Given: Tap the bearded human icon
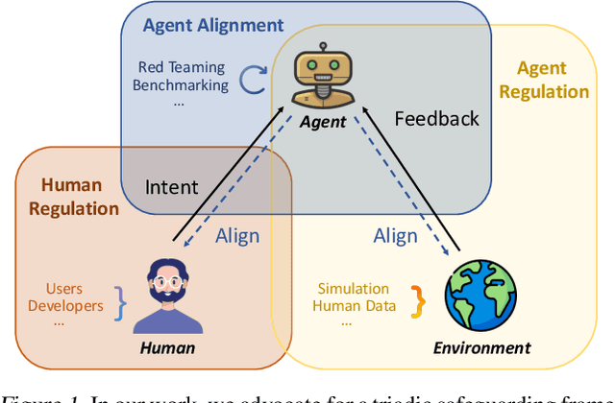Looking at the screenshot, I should pos(167,295).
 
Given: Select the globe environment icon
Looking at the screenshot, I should pos(481,295).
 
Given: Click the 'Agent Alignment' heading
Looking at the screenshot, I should pos(213,26).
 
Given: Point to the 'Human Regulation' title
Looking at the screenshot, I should pos(73,196).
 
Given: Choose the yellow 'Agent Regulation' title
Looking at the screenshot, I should pos(552,80).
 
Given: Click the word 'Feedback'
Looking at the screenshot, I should pos(436,119).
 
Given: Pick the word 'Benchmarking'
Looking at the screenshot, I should pos(183,84).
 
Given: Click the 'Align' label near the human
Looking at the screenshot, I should pos(237,236).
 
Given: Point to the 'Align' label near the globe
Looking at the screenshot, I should pos(395,236).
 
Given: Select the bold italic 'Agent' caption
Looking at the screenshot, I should pos(322,123).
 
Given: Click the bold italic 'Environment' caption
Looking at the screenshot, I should pos(481,347).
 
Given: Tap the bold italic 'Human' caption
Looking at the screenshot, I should pos(167,348).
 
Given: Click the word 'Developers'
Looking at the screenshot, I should pos(65,305).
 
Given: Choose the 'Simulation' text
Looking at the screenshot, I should pos(354,288).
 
